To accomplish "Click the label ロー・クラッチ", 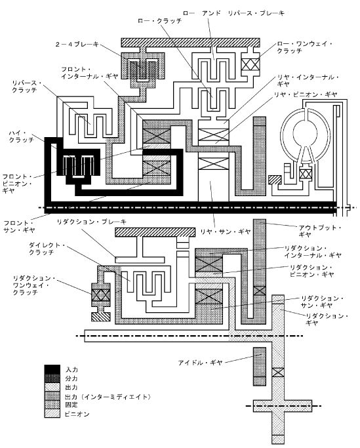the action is tap(160, 21).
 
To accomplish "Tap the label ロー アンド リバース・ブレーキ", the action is tap(233, 13).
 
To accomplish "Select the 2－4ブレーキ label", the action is tap(77, 45).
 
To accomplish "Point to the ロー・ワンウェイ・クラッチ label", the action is tap(305, 47).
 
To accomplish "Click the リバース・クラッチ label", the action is tap(27, 87).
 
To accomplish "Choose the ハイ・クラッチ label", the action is tap(21, 136).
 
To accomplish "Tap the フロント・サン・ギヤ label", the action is tap(19, 226).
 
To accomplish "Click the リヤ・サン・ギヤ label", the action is tap(226, 232).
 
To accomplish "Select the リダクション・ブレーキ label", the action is tap(91, 222).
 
